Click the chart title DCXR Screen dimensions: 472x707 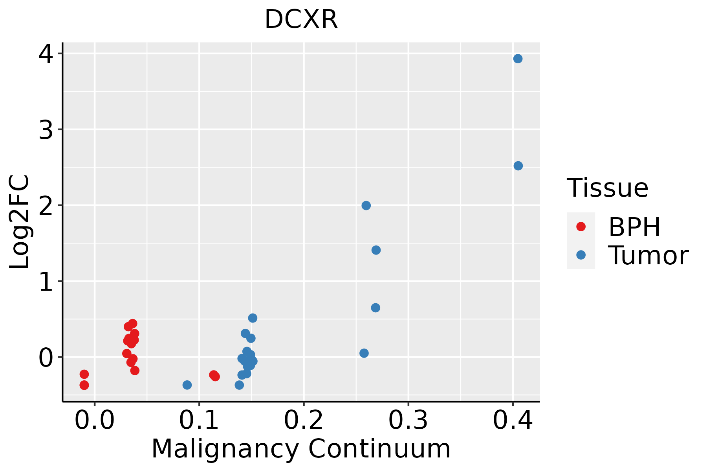pyautogui.click(x=301, y=20)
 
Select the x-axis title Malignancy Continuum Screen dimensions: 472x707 pyautogui.click(x=301, y=449)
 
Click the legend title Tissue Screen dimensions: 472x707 pyautogui.click(x=608, y=188)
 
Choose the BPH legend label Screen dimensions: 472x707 pyautogui.click(x=634, y=227)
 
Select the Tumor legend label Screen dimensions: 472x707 pyautogui.click(x=648, y=256)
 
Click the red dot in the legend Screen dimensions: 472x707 pyautogui.click(x=581, y=227)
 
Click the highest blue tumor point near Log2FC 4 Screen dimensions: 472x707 pyautogui.click(x=518, y=59)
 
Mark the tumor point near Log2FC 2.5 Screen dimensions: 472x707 pyautogui.click(x=518, y=166)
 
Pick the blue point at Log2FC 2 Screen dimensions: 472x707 pyautogui.click(x=366, y=205)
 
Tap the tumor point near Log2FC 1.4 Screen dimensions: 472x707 pyautogui.click(x=376, y=250)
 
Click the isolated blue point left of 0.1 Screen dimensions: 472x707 pyautogui.click(x=187, y=385)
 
